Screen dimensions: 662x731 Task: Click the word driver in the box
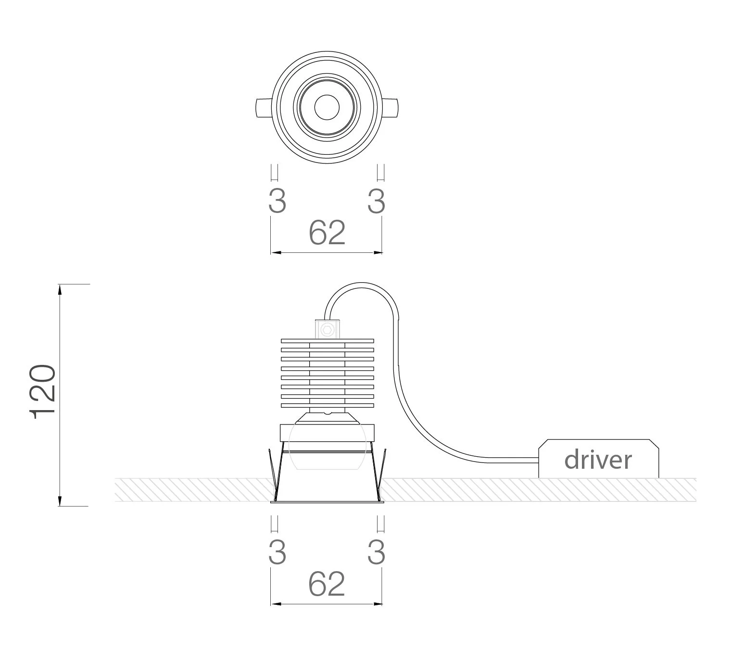[x=598, y=460]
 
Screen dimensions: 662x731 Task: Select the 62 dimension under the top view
[x=327, y=233]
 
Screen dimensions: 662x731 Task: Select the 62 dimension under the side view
[x=327, y=584]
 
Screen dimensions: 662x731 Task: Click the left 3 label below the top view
[x=277, y=201]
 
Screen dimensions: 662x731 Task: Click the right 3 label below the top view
[x=376, y=201]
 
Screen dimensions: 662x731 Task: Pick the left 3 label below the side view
[x=277, y=552]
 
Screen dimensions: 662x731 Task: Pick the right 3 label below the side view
[x=376, y=552]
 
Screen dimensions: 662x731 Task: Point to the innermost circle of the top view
[x=327, y=107]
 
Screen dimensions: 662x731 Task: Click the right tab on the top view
[x=391, y=108]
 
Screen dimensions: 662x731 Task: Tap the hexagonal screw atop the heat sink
[x=328, y=329]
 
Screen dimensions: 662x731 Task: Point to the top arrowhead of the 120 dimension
[x=60, y=289]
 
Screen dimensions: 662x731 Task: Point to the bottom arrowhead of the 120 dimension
[x=60, y=501]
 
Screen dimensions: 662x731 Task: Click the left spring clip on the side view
[x=273, y=474]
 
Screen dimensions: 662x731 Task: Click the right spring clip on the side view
[x=381, y=474]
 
